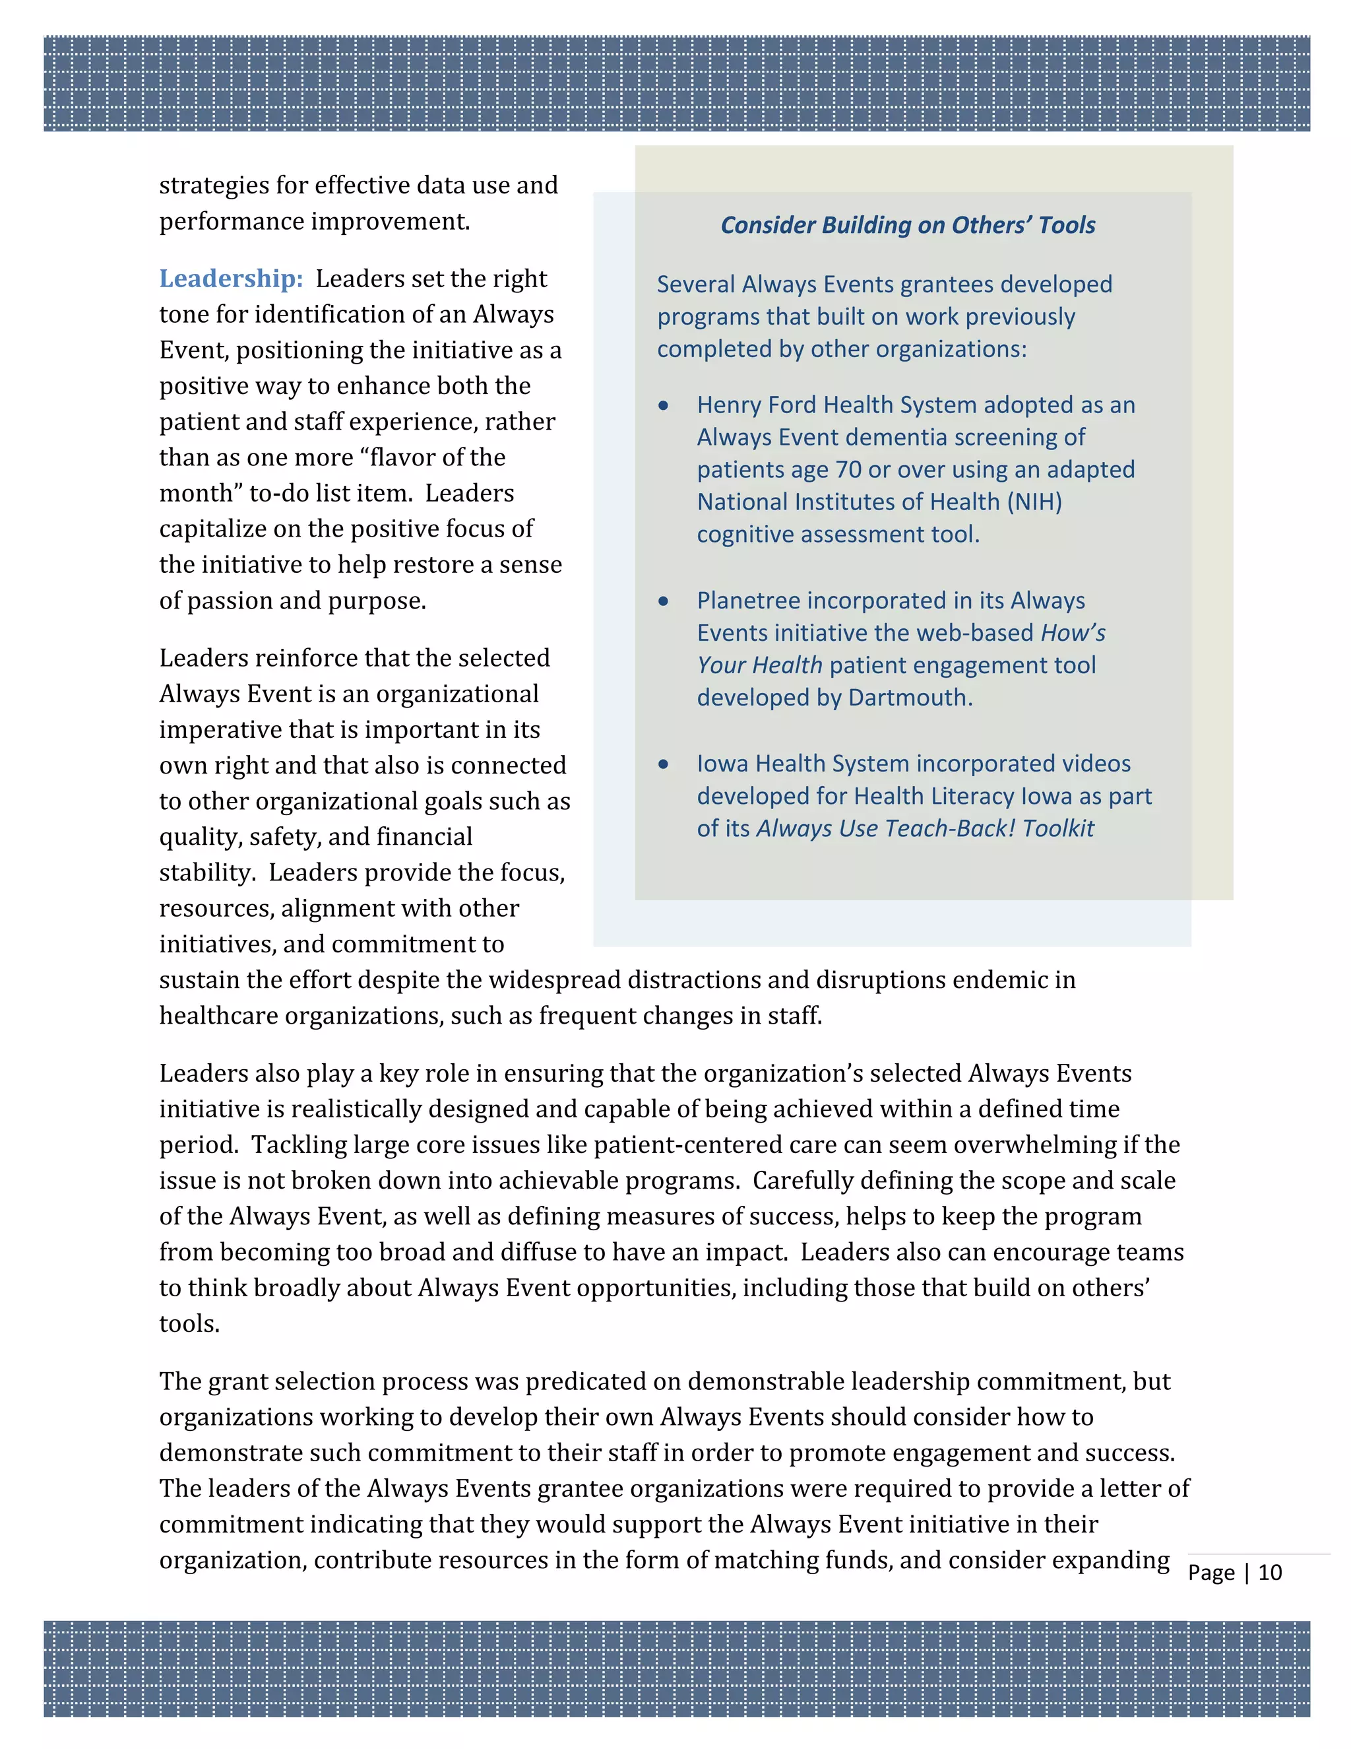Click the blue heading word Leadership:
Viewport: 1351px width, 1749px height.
point(230,279)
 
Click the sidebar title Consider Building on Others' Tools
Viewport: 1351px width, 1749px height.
point(908,225)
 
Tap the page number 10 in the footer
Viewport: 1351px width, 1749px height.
point(1269,1573)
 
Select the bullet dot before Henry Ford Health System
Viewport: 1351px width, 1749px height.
point(664,406)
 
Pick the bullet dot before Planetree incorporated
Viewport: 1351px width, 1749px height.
point(664,601)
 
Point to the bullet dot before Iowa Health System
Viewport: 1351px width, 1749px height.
point(664,765)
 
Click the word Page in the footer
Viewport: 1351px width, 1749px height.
point(1211,1573)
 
